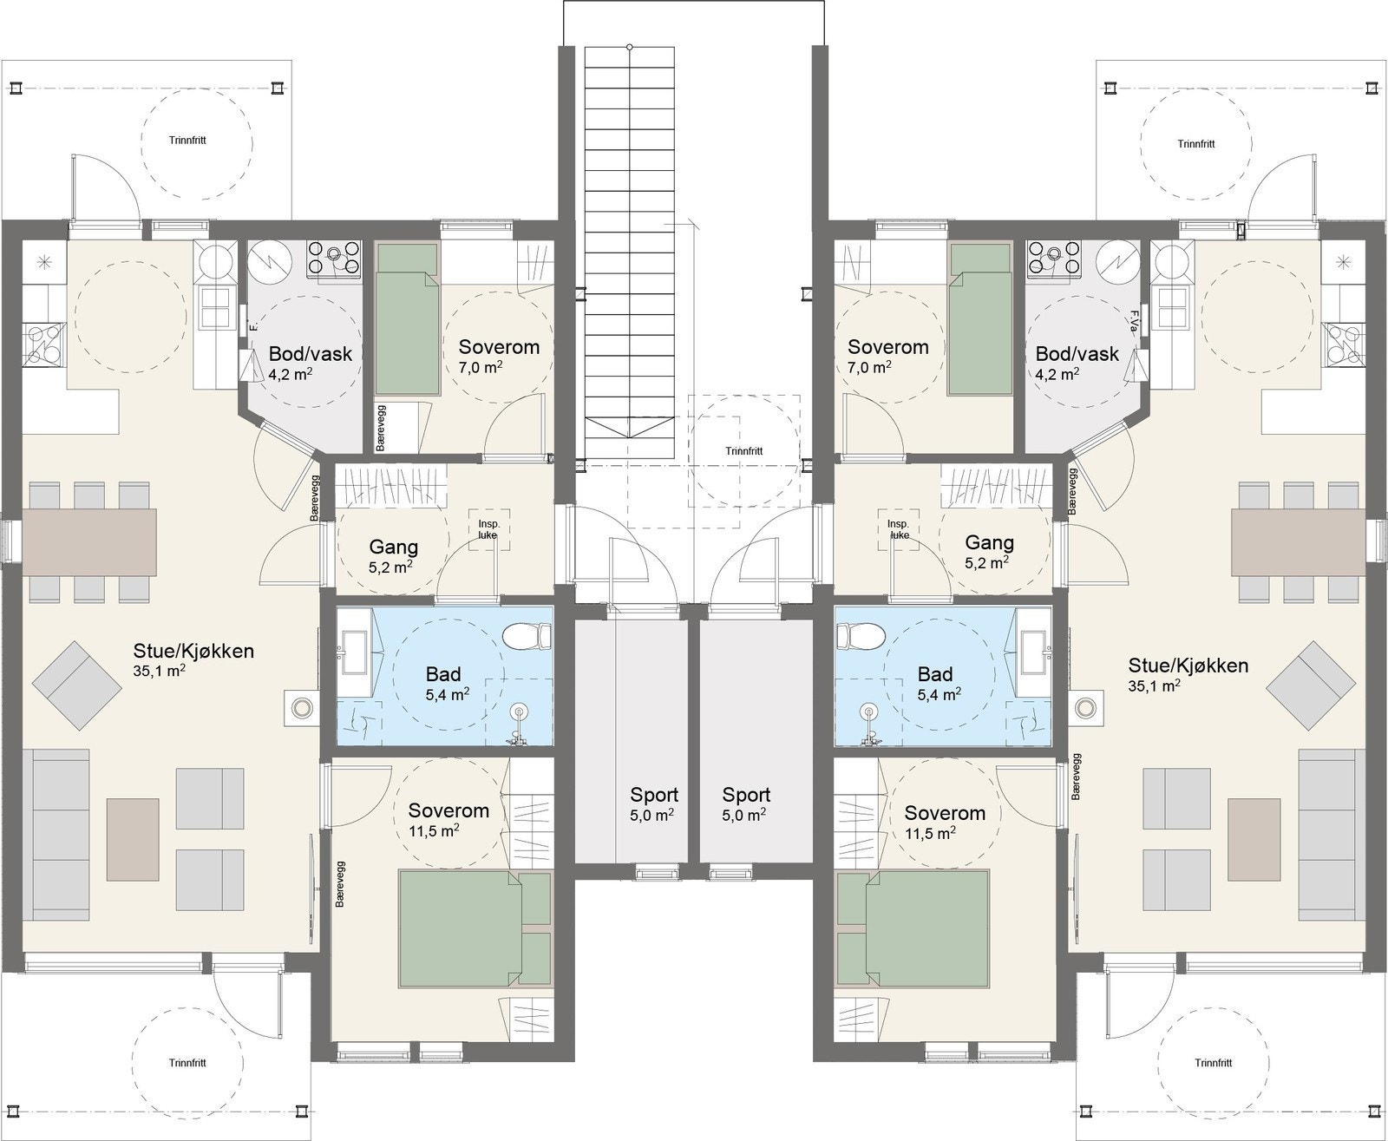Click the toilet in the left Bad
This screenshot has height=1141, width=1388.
pos(527,638)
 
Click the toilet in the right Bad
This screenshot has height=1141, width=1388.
pos(859,638)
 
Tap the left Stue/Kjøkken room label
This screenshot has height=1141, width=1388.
pos(193,651)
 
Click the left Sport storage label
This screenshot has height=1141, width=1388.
pos(654,795)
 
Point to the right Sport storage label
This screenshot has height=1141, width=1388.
pos(746,795)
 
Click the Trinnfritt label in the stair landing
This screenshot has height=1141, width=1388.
pos(744,451)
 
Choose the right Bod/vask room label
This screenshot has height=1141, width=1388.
pos(1077,354)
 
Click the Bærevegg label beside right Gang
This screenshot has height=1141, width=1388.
pos(1074,490)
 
